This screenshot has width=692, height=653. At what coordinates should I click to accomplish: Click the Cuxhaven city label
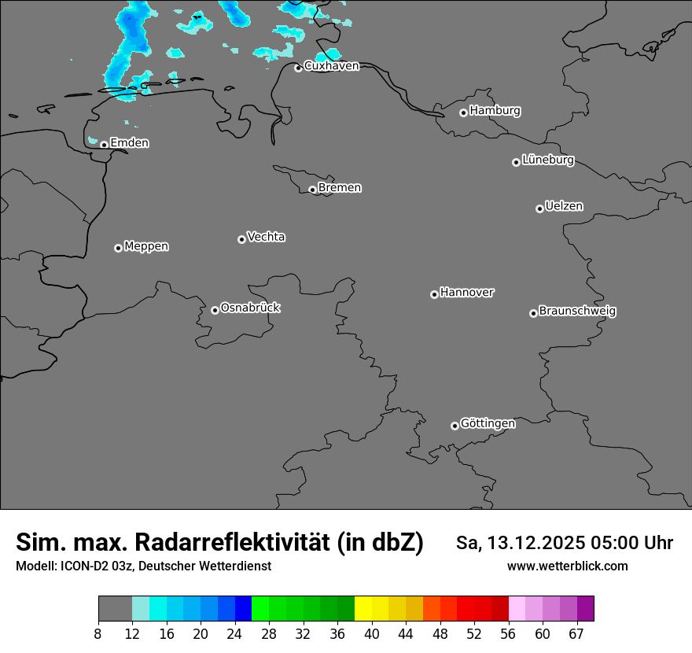[x=331, y=66]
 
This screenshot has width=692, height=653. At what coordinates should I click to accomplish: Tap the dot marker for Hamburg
[x=464, y=113]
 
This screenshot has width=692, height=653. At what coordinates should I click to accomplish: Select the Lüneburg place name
[x=548, y=160]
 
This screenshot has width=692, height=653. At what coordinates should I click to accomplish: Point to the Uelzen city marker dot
[x=539, y=208]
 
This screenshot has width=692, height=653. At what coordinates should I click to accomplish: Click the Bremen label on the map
[x=340, y=188]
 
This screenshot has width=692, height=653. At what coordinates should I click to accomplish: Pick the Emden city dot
[x=104, y=145]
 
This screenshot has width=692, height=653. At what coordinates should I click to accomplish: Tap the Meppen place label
[x=146, y=246]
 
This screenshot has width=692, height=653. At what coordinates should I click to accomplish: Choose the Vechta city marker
[x=241, y=239]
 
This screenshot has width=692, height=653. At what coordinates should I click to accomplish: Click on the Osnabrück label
[x=250, y=308]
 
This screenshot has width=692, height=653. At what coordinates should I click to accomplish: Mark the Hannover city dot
[x=434, y=294]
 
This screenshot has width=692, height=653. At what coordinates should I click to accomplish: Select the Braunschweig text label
[x=577, y=311]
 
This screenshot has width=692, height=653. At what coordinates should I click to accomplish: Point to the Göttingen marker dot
[x=455, y=426]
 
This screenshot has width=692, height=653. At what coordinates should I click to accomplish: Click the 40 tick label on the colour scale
[x=372, y=634]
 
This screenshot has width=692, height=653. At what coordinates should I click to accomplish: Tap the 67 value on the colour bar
[x=576, y=634]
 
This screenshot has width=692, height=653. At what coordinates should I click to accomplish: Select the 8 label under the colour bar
[x=98, y=634]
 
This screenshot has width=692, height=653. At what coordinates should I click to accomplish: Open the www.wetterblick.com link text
[x=567, y=566]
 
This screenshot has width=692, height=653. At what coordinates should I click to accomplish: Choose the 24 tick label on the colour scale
[x=235, y=634]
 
